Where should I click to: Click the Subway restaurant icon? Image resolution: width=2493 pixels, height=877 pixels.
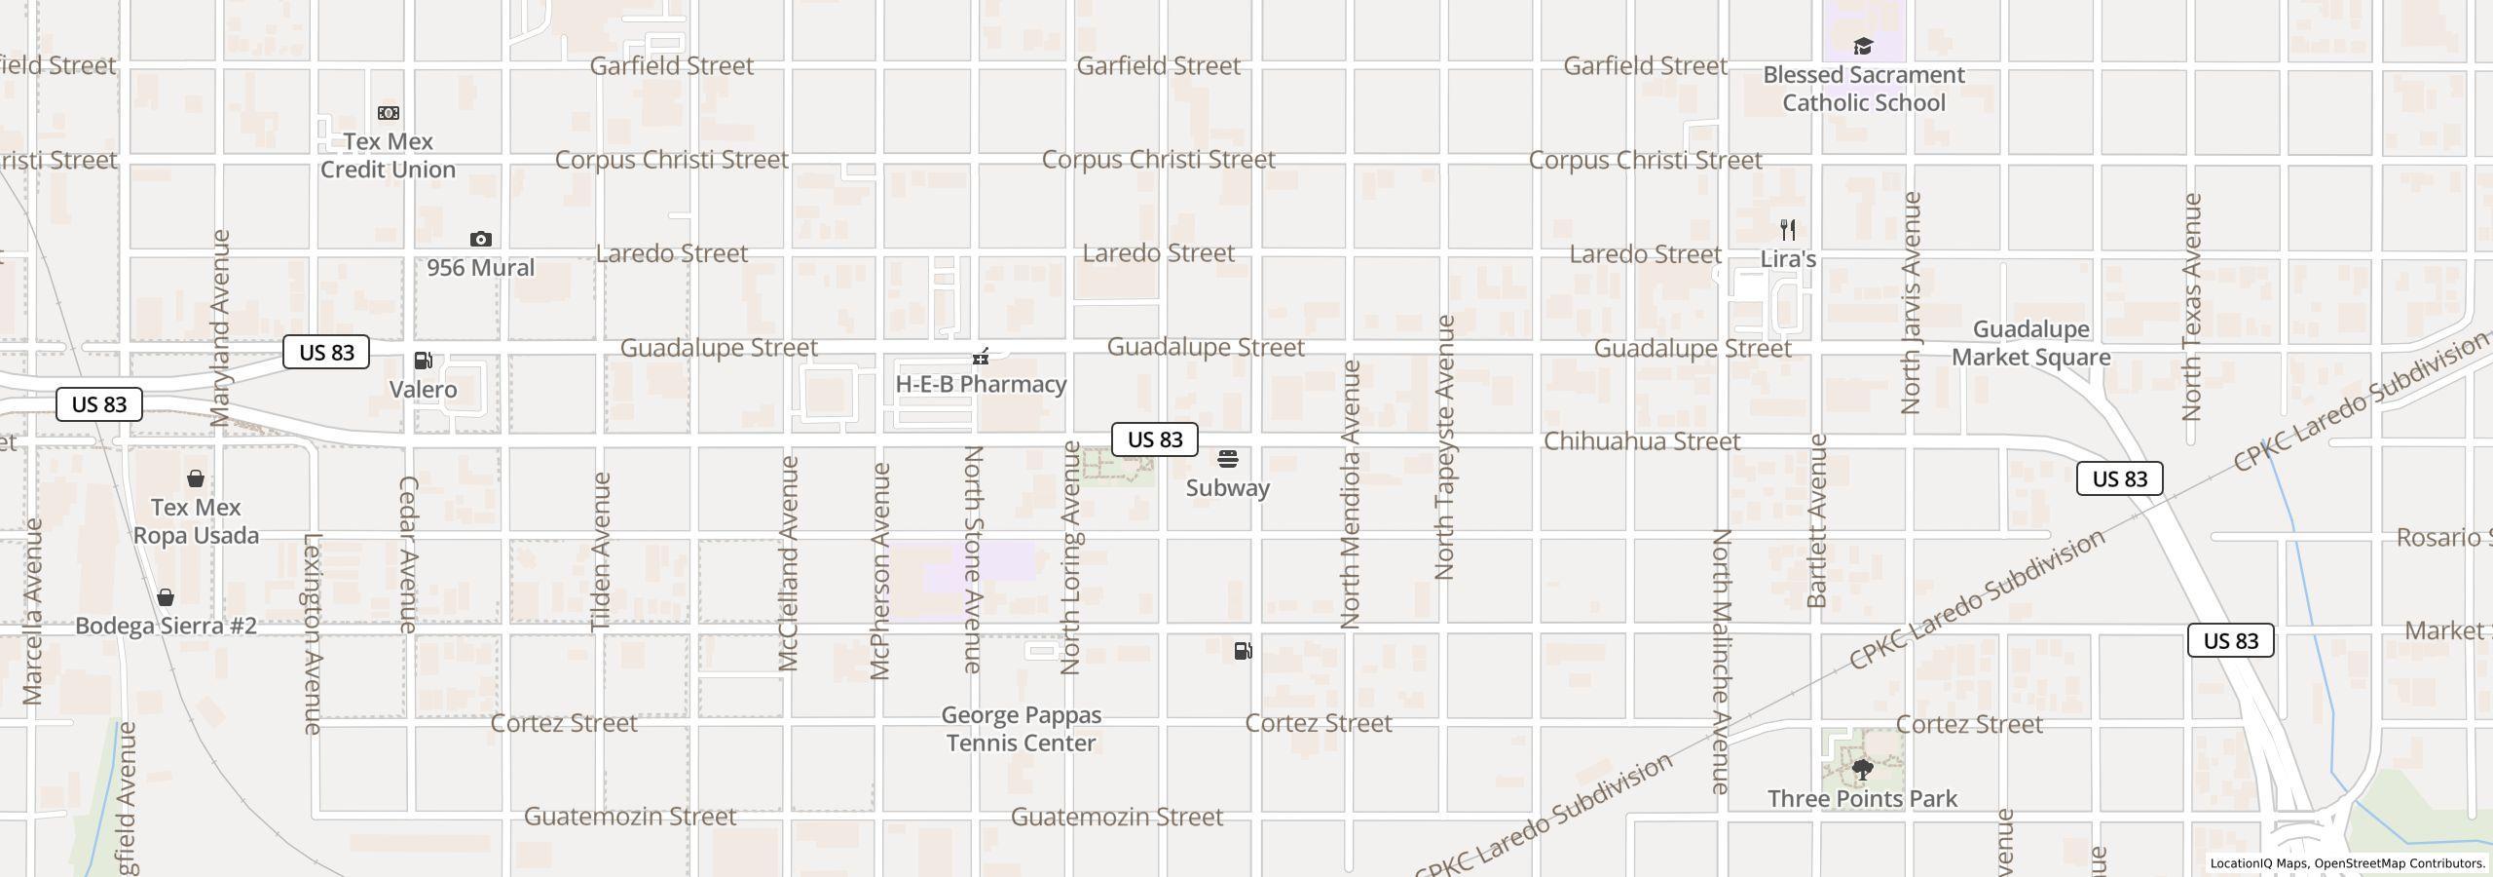tap(1228, 459)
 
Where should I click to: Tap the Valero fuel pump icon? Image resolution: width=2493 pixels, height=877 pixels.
tap(424, 361)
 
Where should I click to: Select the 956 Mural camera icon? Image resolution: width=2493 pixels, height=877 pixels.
tap(480, 239)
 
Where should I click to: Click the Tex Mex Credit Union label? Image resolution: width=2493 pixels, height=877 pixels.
tap(388, 156)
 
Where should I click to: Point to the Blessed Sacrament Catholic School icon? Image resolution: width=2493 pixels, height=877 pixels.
tap(1863, 47)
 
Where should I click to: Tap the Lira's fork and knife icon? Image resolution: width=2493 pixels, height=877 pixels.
tap(1788, 230)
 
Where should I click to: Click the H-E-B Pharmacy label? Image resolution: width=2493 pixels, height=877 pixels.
tap(981, 384)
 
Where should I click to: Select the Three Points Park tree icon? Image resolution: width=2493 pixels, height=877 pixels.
tap(1862, 770)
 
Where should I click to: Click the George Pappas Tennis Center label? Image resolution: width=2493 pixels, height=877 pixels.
tap(1021, 729)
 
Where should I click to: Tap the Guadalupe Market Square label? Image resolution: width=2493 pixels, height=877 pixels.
tap(2030, 343)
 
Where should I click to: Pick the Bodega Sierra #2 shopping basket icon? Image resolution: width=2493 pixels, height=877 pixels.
tap(166, 597)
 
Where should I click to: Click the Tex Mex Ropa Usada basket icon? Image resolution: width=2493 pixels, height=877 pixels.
tap(196, 478)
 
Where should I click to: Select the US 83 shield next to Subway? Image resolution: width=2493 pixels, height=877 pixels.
tap(1155, 439)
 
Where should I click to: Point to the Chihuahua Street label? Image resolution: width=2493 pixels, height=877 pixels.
tap(1642, 441)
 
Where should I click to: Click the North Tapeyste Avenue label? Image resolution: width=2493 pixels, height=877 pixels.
tap(1444, 448)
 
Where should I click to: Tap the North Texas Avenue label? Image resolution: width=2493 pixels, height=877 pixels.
tap(2191, 307)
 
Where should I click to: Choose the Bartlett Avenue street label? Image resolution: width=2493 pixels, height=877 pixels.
tap(1816, 521)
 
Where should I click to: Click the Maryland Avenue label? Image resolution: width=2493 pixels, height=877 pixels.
tap(220, 328)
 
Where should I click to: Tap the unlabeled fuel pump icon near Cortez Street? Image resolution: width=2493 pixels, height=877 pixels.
tap(1243, 651)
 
